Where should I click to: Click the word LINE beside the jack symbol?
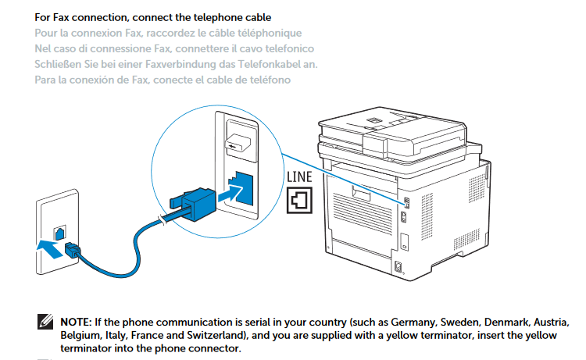299,176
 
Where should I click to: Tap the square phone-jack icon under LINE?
299,200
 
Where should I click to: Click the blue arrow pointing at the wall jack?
50,248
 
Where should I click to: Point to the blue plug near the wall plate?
73,249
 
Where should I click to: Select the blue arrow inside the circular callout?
230,194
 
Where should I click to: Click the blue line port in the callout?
241,188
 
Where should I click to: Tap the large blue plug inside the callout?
194,204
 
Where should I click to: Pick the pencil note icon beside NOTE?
45,322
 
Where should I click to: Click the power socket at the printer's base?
398,266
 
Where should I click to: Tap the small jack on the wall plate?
59,233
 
